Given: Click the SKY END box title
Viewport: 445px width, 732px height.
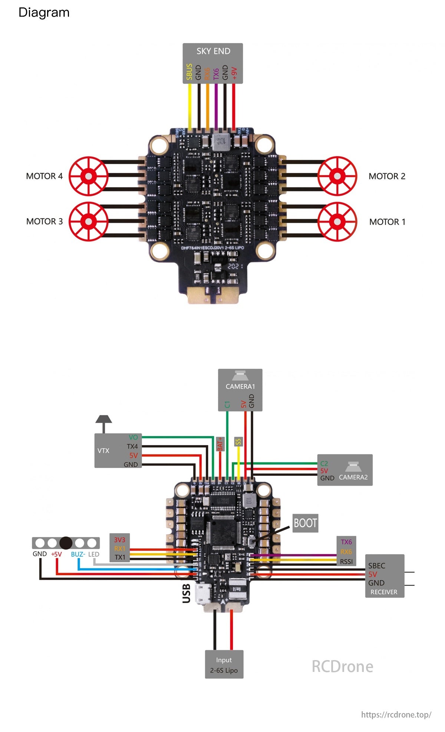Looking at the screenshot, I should (213, 51).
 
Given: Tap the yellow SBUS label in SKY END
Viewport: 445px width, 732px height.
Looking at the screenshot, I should (189, 72).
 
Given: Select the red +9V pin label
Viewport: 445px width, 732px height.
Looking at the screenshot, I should (234, 73).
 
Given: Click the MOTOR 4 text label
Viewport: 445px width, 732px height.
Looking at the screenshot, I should (44, 176).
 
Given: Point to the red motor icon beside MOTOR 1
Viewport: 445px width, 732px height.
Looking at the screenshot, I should (337, 222).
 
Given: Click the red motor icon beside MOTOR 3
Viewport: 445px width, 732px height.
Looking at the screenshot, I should (89, 221).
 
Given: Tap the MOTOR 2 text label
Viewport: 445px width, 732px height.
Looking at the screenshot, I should (387, 176).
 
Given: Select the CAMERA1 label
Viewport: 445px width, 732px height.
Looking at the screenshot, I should (240, 386).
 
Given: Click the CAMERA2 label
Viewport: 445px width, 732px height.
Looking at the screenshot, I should (353, 477).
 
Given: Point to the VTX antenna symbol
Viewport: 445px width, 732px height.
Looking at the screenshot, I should (103, 421).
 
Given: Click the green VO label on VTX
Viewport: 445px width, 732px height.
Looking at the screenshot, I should (133, 438).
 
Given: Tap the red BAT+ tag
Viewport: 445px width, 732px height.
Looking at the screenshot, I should (220, 444).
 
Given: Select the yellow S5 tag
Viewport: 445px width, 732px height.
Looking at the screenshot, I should (238, 442).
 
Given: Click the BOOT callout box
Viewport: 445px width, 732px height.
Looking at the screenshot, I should (305, 523).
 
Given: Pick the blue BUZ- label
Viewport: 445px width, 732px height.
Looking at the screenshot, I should (78, 554).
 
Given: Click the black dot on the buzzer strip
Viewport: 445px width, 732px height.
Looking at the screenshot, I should (66, 543).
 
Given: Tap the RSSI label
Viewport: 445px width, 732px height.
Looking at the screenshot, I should (346, 562).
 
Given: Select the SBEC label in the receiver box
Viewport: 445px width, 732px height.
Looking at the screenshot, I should (376, 566).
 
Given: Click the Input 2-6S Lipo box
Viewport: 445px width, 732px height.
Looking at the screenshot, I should (224, 665).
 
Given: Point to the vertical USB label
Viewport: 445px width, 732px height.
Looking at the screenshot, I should (187, 593).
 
